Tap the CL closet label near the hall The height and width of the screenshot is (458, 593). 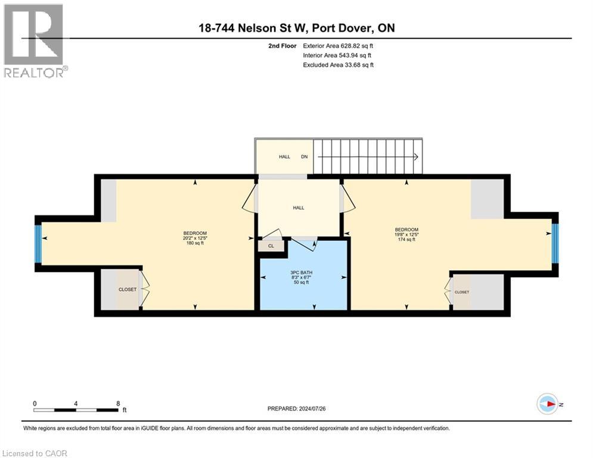click(x=271, y=245)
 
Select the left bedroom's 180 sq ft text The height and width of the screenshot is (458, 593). click(x=195, y=243)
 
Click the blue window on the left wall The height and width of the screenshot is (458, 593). click(x=38, y=243)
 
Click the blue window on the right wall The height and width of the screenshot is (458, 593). click(x=555, y=243)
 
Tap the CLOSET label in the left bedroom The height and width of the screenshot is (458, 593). click(x=128, y=289)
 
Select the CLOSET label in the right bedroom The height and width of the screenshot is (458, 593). click(x=462, y=292)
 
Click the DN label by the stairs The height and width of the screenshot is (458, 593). click(x=304, y=157)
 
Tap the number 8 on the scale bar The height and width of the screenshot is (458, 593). click(x=118, y=403)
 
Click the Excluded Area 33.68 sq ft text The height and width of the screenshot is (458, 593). click(x=338, y=64)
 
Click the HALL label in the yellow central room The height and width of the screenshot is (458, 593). click(x=298, y=208)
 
